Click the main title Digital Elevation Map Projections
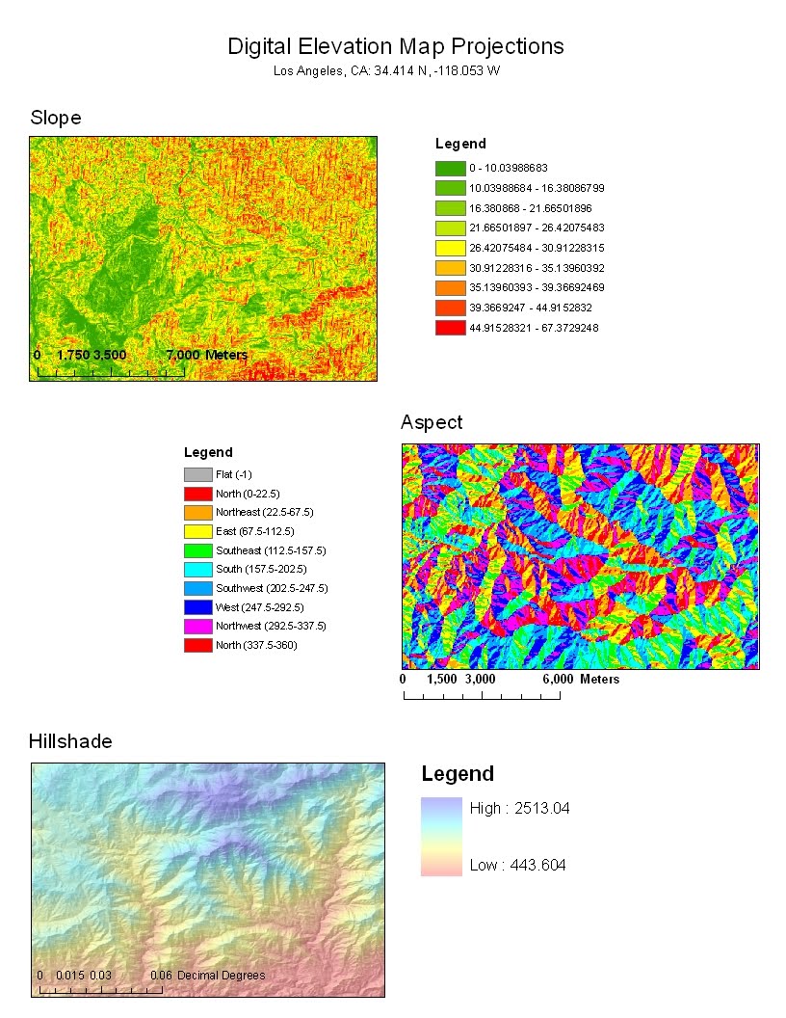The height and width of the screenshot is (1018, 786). (x=395, y=46)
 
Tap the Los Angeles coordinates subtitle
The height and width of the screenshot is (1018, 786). (x=386, y=70)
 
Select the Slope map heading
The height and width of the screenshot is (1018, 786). (x=55, y=118)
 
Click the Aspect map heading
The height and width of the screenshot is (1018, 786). (x=432, y=422)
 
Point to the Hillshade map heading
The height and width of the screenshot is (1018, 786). (x=70, y=741)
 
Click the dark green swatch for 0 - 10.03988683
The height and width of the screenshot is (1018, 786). (x=450, y=168)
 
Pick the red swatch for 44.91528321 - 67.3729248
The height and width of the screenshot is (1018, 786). (x=450, y=328)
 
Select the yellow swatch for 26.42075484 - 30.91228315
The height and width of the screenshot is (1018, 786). (x=450, y=248)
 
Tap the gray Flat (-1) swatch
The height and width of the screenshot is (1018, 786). (x=197, y=474)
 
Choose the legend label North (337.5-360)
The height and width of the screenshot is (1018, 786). (x=256, y=645)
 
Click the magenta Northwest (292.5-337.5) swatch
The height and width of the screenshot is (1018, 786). (x=197, y=626)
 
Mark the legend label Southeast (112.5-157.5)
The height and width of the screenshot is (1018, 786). (x=271, y=550)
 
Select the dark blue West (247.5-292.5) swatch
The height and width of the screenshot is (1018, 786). (x=197, y=607)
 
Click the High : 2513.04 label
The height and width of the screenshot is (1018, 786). (x=519, y=808)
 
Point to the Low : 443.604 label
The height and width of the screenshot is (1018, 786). (x=517, y=865)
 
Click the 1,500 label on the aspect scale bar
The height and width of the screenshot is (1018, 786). (x=441, y=680)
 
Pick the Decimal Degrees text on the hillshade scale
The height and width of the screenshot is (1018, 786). (x=221, y=976)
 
